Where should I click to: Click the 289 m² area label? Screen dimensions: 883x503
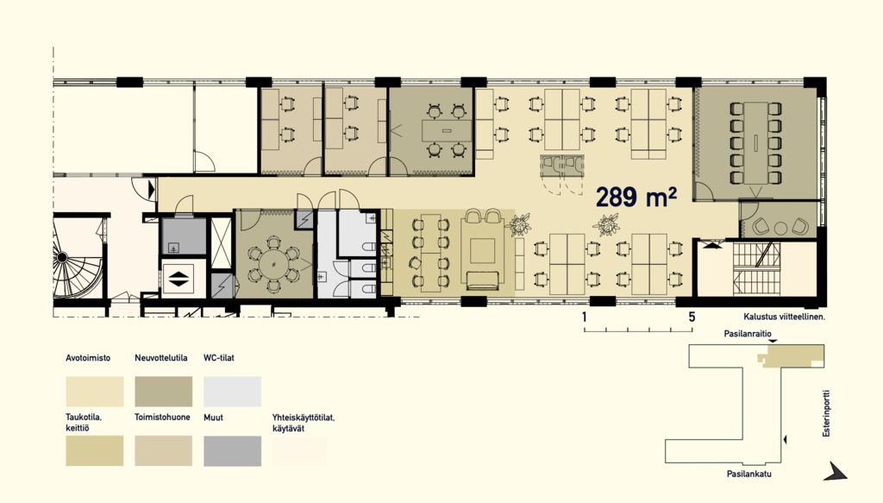point(636,197)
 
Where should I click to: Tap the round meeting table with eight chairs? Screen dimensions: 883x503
point(273,264)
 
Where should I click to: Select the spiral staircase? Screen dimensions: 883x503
point(78,257)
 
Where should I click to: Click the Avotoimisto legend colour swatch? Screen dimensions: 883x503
point(95,392)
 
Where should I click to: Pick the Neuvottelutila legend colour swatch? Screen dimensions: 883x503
point(163,392)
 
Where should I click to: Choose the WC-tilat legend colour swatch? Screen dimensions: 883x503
point(232,392)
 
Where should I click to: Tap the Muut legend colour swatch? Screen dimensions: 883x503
point(232,450)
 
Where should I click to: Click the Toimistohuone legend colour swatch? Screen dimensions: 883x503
point(163,450)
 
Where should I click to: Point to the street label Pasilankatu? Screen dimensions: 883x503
point(749,474)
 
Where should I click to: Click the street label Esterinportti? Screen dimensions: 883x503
point(826,413)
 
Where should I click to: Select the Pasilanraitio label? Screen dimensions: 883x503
point(748,334)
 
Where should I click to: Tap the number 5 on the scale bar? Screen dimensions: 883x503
point(692,318)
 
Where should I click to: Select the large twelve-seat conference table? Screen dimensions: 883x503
point(755,143)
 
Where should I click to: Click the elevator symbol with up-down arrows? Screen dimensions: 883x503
point(178,279)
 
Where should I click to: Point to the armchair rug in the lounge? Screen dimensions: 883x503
point(483,251)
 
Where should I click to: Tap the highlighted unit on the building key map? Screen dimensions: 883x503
point(792,356)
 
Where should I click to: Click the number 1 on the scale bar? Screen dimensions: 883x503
point(585,318)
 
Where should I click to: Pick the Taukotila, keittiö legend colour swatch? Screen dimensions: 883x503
point(95,450)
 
